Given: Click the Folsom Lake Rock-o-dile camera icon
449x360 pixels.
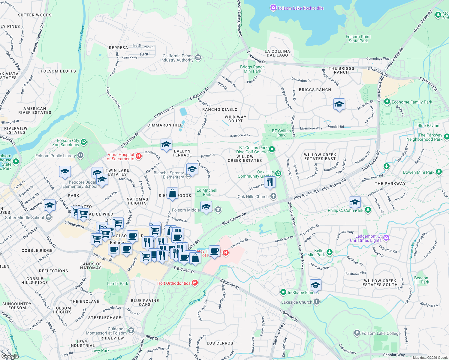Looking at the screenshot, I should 273,8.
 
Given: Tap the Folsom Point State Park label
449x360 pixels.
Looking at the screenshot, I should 358,39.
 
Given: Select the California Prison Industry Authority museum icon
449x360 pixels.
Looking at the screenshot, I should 198,58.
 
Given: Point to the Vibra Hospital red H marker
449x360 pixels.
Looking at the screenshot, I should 138,156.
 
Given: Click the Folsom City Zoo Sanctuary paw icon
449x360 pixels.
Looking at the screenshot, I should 84,142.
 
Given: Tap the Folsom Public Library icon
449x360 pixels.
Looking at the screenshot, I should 80,155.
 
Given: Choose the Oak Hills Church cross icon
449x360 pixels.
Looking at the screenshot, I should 273,196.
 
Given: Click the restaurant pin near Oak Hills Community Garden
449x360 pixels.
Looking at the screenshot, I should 270,182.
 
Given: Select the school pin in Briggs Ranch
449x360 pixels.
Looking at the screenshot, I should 339,104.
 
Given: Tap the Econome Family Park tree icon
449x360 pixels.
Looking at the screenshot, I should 387,102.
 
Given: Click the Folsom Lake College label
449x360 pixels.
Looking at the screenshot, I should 381,333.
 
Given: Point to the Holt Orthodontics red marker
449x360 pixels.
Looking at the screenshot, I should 195,283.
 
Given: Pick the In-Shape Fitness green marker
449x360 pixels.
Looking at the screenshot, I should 283,292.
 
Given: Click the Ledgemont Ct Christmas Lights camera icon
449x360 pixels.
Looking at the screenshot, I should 386,238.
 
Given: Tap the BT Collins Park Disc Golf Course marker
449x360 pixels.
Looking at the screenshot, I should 272,149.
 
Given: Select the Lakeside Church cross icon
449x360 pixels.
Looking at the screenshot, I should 317,302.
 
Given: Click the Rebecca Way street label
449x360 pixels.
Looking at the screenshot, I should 240,136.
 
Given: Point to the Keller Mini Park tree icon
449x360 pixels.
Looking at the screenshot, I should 330,252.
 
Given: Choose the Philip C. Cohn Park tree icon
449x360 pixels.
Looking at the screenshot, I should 368,210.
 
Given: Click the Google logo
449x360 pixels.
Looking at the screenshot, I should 10,356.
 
